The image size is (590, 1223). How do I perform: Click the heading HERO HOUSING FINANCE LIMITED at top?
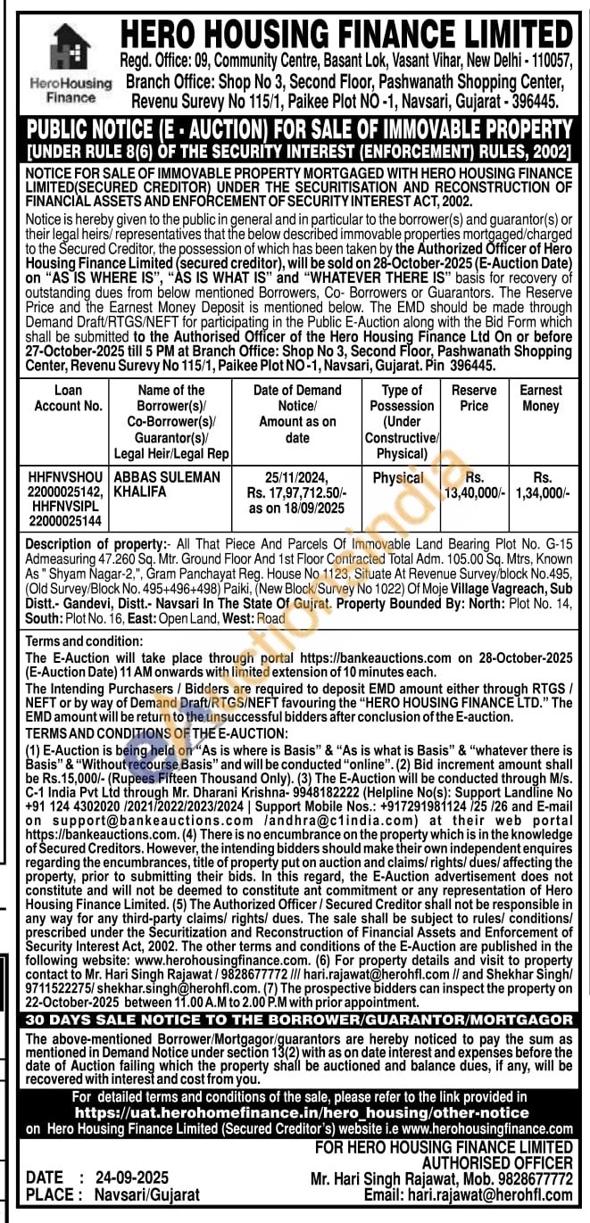pos(346,34)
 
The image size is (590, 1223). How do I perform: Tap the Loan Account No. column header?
pos(69,398)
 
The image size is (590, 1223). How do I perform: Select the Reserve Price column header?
pos(474,398)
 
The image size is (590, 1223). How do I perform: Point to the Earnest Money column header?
pos(541,398)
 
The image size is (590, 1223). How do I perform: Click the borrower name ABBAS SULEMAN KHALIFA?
pos(168,484)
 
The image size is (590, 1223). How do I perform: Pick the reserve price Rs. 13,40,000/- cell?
pos(474,484)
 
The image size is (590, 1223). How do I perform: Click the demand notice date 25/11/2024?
pos(297,478)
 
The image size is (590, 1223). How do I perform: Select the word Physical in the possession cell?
pos(398,478)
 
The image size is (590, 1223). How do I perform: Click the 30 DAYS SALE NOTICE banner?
pos(299,1020)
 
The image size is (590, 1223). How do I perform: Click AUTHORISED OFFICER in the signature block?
pos(496,1163)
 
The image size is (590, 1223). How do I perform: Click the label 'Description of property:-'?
pos(97,543)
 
